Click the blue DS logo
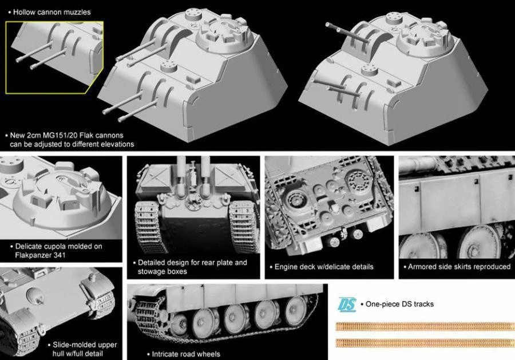point(347,304)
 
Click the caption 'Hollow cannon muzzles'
point(51,11)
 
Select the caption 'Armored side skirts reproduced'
point(458,267)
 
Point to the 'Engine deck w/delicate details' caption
point(324,267)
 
